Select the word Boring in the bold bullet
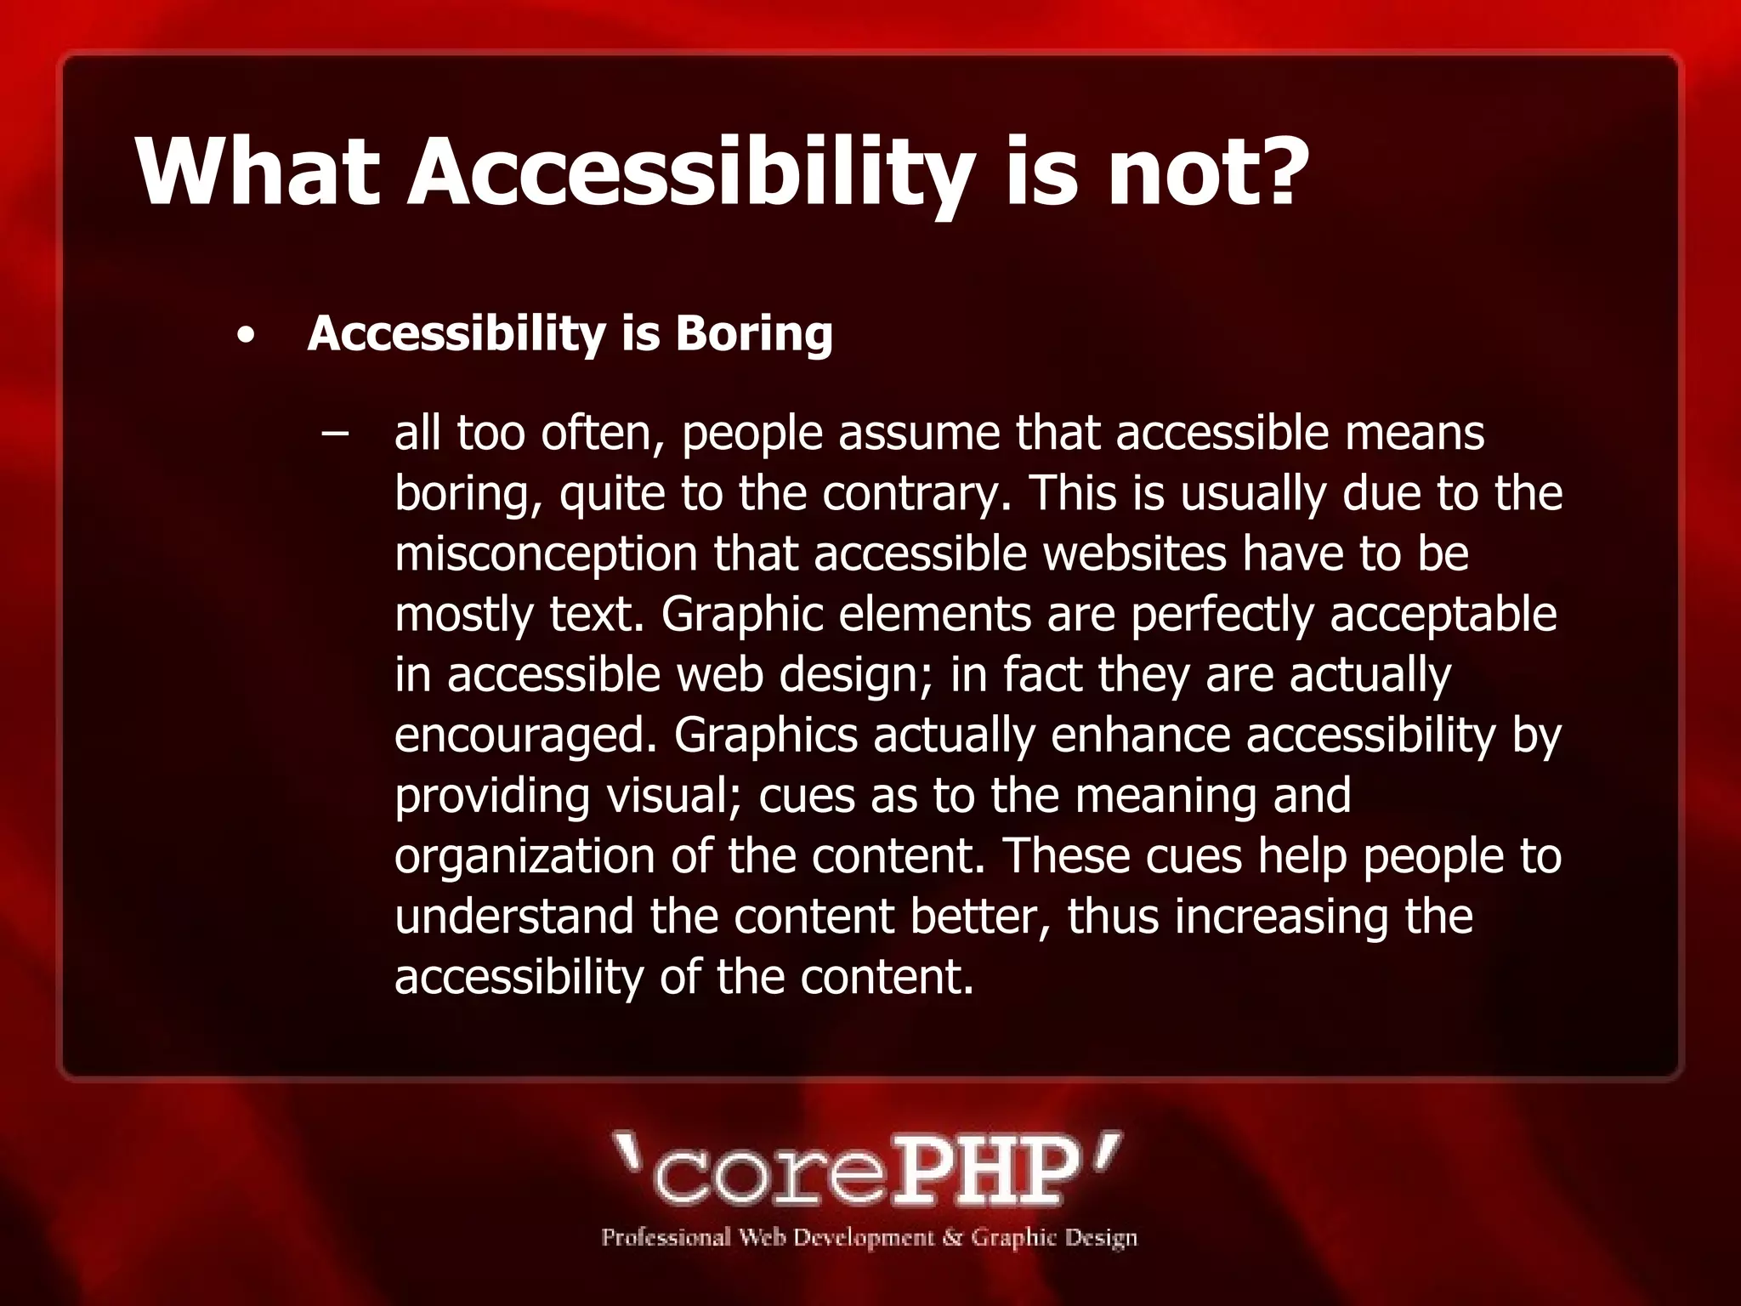tap(754, 332)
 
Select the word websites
tap(1134, 554)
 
